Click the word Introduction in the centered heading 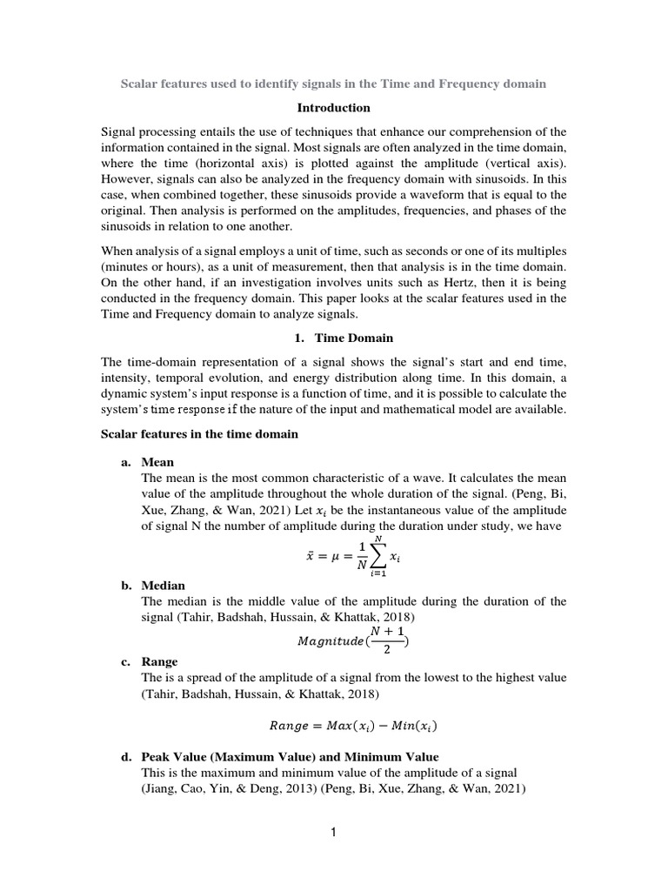[x=334, y=108]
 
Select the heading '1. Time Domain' [x=333, y=337]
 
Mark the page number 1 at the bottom [x=333, y=833]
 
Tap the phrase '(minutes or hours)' [x=152, y=266]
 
